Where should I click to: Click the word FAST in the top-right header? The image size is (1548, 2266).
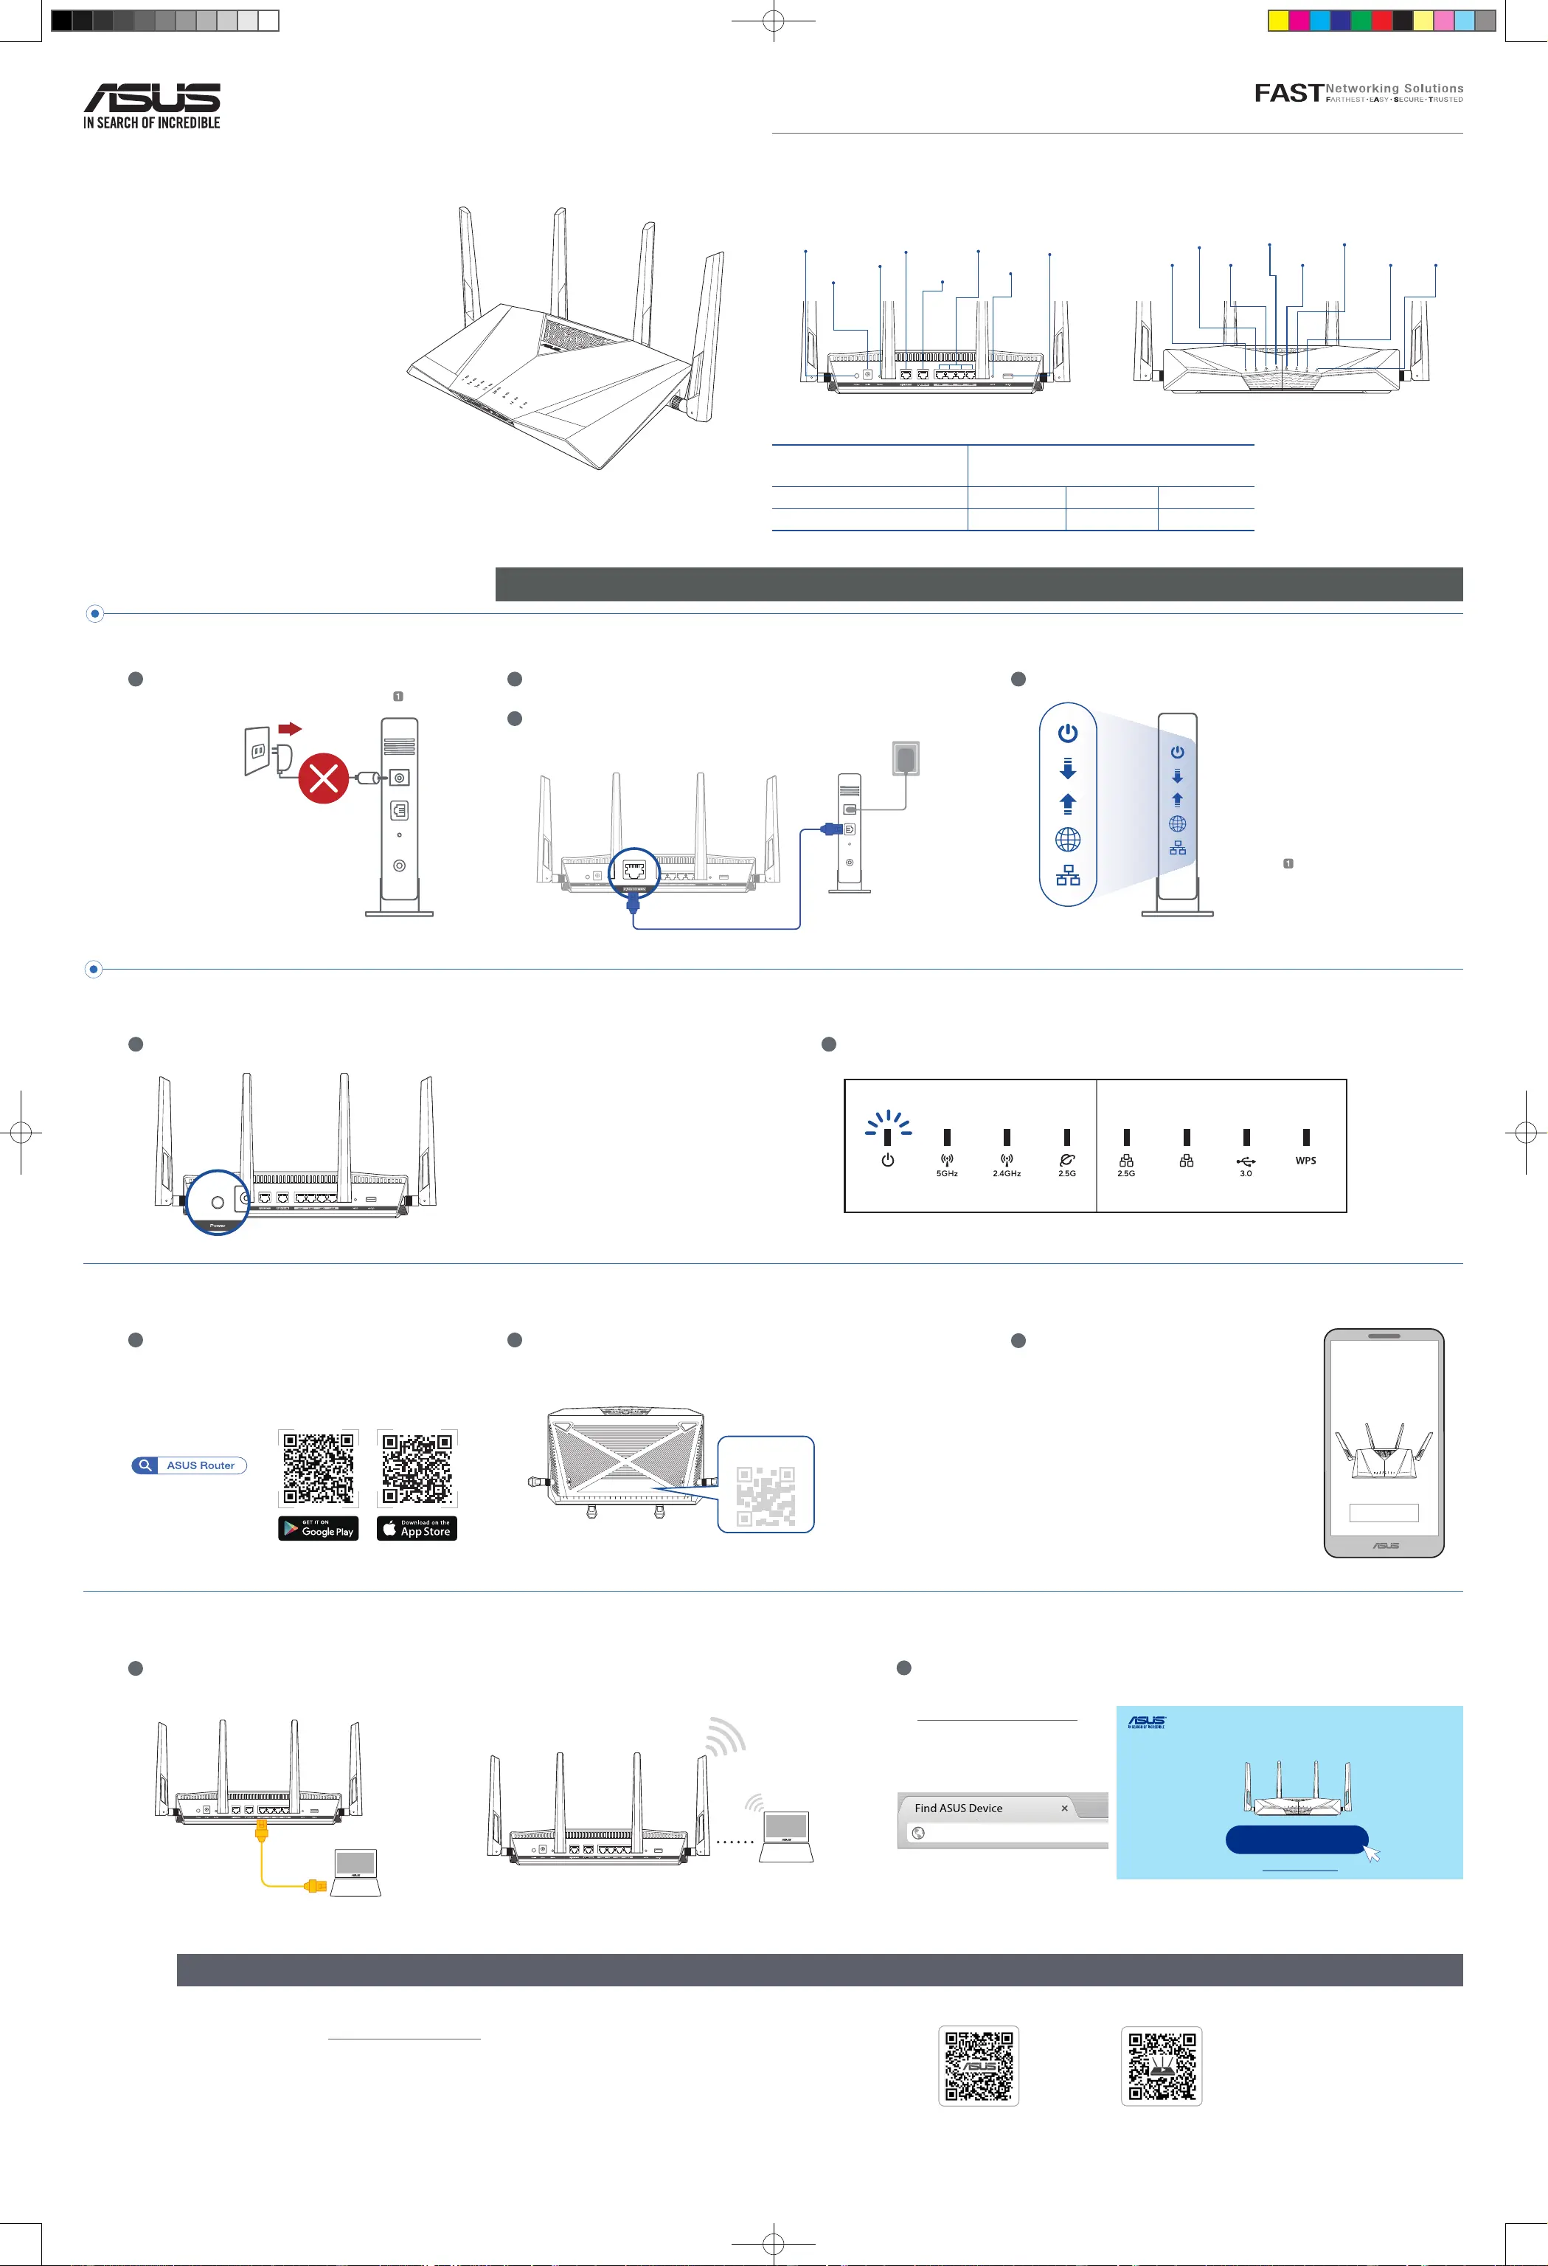pos(1288,93)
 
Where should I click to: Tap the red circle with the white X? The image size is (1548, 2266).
pos(324,777)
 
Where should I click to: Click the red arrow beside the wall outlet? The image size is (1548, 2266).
pos(291,728)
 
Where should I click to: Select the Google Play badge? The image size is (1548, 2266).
pos(318,1528)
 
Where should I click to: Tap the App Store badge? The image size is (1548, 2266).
pos(417,1528)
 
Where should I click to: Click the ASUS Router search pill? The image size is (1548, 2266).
pos(190,1465)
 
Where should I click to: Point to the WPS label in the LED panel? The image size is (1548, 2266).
pos(1305,1160)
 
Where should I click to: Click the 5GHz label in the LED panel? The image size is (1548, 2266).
pos(946,1173)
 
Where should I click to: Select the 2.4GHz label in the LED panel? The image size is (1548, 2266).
pos(1006,1173)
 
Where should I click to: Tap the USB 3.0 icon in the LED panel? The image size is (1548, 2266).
pos(1246,1161)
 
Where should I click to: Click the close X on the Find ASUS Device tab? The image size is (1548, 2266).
pos(1064,1808)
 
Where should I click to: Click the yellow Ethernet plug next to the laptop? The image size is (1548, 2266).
pos(314,1886)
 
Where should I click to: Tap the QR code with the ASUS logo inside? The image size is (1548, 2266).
pos(979,2066)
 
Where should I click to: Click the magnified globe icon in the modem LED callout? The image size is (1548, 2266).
pos(1069,840)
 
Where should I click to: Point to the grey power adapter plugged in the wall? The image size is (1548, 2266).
pos(906,758)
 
